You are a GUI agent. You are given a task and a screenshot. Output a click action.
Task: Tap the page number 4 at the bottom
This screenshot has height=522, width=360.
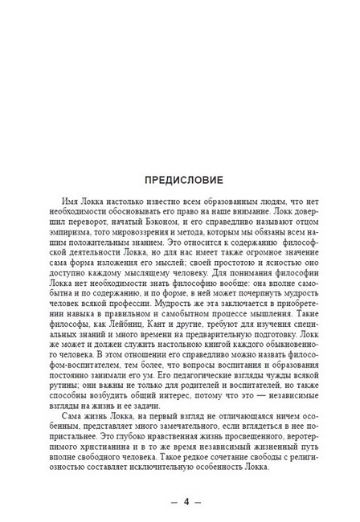tap(186, 503)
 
